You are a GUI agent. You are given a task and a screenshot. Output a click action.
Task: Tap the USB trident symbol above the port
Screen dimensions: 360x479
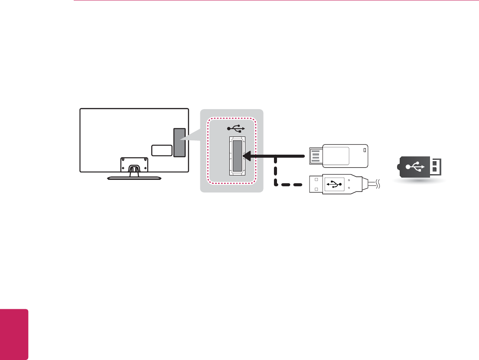click(x=237, y=128)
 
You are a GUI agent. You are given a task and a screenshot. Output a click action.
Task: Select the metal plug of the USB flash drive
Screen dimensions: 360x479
click(x=315, y=156)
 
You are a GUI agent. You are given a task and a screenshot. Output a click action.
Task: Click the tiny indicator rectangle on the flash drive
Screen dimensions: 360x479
click(x=364, y=151)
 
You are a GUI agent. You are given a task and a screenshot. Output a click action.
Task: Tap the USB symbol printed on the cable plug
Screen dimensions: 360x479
click(x=333, y=184)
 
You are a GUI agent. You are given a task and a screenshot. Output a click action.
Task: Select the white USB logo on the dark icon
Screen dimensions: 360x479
click(x=414, y=166)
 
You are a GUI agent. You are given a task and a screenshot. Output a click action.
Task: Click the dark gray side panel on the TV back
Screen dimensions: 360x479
click(x=179, y=142)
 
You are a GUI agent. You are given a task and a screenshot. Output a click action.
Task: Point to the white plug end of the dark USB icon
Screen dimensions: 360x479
click(x=436, y=166)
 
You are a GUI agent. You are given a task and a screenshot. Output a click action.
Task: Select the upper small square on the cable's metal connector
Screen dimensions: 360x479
click(x=316, y=179)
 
